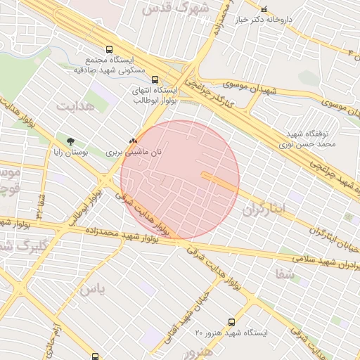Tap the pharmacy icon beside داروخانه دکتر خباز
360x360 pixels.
coord(264,8)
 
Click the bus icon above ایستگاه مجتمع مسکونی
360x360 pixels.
coord(109,49)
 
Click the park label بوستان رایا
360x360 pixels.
coord(70,151)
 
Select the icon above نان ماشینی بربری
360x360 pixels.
coord(132,141)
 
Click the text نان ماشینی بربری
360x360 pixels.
coord(134,151)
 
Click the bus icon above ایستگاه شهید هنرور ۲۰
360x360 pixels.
coord(232,321)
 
